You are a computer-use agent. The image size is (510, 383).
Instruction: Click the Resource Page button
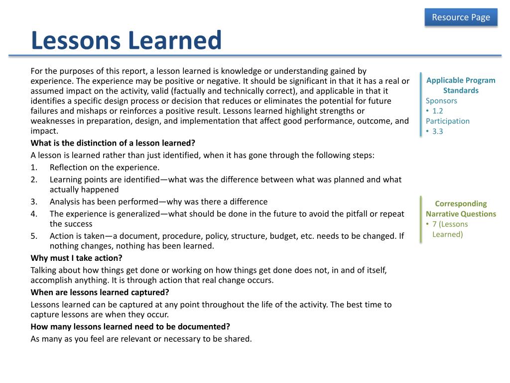coord(461,17)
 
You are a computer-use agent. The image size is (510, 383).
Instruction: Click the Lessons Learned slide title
coord(126,41)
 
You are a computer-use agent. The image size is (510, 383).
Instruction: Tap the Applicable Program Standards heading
coord(461,85)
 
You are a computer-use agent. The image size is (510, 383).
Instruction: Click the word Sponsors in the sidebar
coord(441,101)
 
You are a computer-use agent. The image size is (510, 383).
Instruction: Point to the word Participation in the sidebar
coord(447,121)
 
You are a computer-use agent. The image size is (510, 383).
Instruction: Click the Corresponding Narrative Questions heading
coord(461,209)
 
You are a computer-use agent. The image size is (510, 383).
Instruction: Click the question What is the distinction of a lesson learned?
coord(113,143)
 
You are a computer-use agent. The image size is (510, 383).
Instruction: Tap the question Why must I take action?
coord(76,258)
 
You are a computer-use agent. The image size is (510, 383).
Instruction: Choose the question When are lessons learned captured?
coord(100,293)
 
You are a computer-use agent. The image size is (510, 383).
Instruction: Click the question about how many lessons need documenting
coord(130,327)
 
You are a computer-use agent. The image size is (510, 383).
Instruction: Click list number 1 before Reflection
coord(33,168)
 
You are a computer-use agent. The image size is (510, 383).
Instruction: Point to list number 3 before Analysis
coord(33,202)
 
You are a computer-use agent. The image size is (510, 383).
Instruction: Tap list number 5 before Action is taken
coord(33,236)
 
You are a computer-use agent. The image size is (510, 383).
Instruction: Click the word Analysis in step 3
coord(65,202)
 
